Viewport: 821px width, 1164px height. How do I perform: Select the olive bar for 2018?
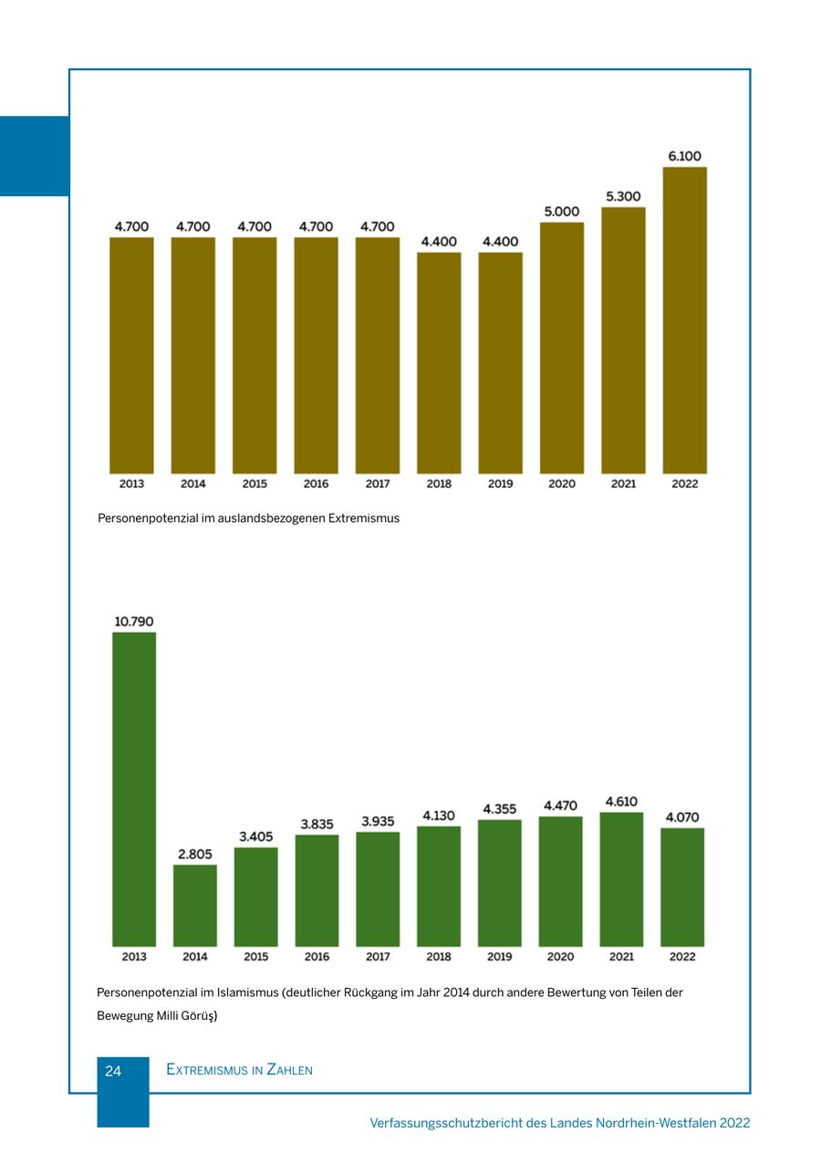(x=439, y=362)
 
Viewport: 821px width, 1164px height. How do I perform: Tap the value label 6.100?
(x=684, y=156)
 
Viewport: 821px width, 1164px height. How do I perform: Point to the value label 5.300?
(x=623, y=196)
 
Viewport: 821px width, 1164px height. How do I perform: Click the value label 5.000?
(x=562, y=212)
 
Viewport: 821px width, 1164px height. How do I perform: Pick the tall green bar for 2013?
(x=134, y=789)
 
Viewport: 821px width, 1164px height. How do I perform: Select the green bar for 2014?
(x=195, y=905)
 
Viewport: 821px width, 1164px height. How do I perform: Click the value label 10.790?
(x=134, y=621)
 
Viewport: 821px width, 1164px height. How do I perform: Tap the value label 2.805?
(x=195, y=855)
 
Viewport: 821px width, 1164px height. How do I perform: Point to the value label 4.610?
(x=621, y=802)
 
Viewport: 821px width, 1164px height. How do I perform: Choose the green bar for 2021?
(x=621, y=878)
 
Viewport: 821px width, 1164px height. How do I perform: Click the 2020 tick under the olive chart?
(x=562, y=483)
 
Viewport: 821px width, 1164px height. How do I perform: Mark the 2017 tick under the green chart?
(x=378, y=957)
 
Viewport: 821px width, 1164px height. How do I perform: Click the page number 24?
(x=113, y=1071)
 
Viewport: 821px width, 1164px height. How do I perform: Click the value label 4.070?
(x=682, y=817)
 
